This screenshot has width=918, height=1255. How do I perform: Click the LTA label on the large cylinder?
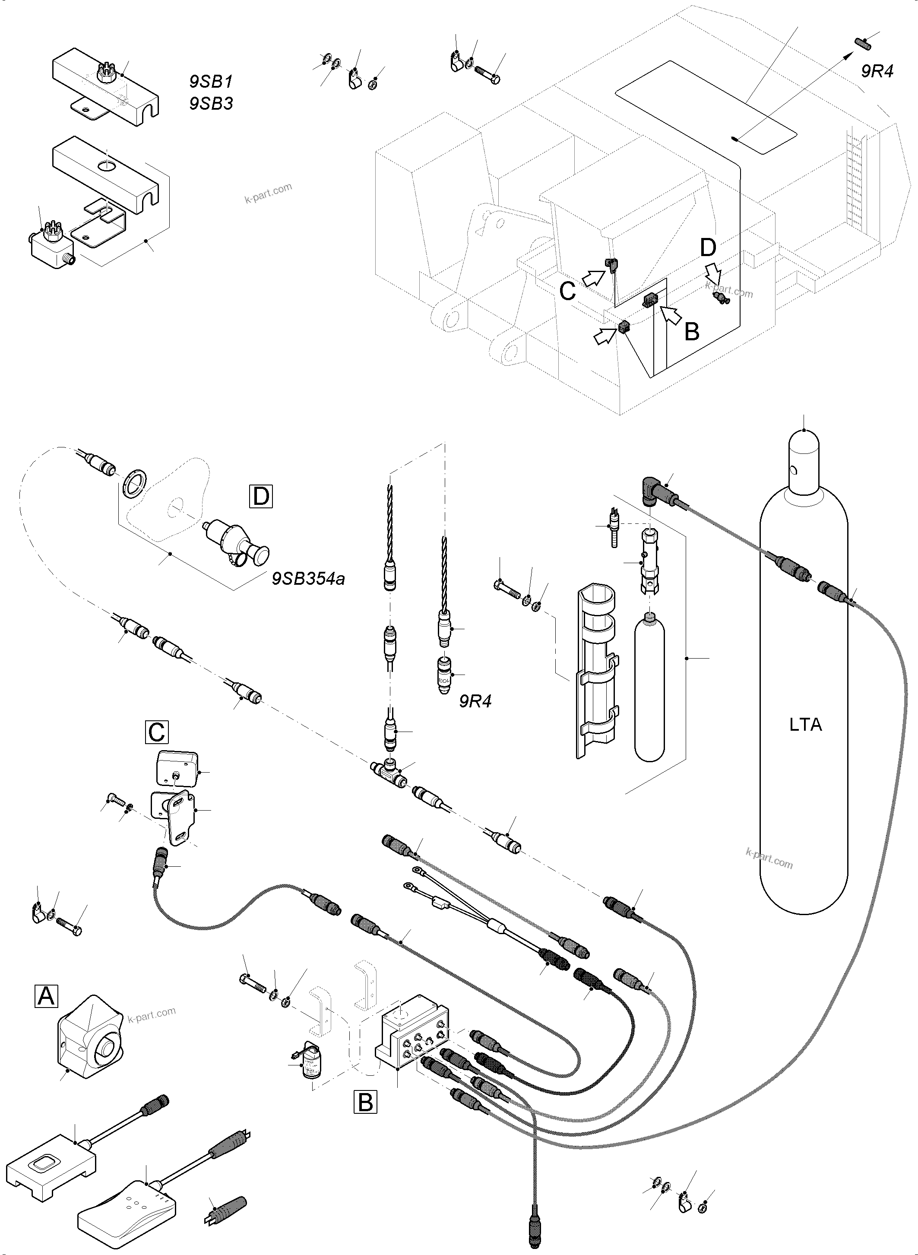[x=805, y=725]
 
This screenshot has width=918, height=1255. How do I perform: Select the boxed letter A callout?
[x=46, y=995]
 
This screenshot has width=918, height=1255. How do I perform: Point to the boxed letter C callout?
[x=157, y=732]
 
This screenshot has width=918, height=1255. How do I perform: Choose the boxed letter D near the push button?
[x=261, y=496]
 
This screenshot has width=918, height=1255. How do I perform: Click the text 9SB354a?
[x=308, y=579]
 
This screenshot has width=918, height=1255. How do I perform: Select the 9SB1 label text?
[x=211, y=82]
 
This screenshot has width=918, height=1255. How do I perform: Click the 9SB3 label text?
[x=211, y=103]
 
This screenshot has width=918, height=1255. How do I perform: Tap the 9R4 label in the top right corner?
[x=877, y=71]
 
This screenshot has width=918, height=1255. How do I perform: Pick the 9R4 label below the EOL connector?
[x=475, y=701]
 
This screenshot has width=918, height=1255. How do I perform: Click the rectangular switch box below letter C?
[x=176, y=769]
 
